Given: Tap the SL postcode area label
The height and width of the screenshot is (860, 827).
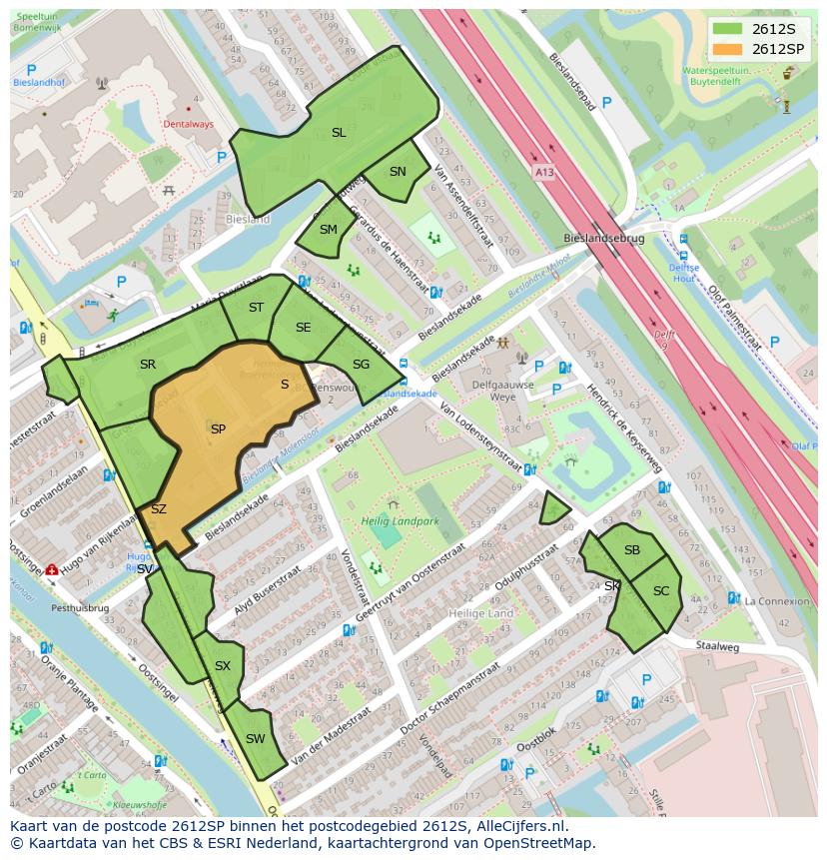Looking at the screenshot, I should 339,133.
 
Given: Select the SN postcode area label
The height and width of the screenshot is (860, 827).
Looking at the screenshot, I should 398,172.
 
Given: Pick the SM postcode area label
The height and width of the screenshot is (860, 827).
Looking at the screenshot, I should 329,230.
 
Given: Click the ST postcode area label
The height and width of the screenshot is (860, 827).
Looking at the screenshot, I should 256,308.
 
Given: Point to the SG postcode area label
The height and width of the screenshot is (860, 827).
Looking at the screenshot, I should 361,365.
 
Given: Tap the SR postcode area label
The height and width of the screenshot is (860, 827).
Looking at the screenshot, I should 148,365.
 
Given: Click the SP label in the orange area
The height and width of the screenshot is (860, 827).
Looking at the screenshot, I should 218,430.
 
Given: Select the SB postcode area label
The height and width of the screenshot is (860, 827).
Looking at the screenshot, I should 632,550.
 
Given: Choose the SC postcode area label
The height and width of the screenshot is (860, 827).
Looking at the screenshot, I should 661,591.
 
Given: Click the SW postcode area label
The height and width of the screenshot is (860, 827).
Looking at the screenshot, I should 255,739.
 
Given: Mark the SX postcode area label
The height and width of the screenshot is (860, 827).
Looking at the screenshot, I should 223,666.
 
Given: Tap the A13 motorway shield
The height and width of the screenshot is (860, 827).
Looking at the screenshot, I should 543,173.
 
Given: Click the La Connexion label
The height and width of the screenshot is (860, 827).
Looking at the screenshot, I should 777,600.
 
